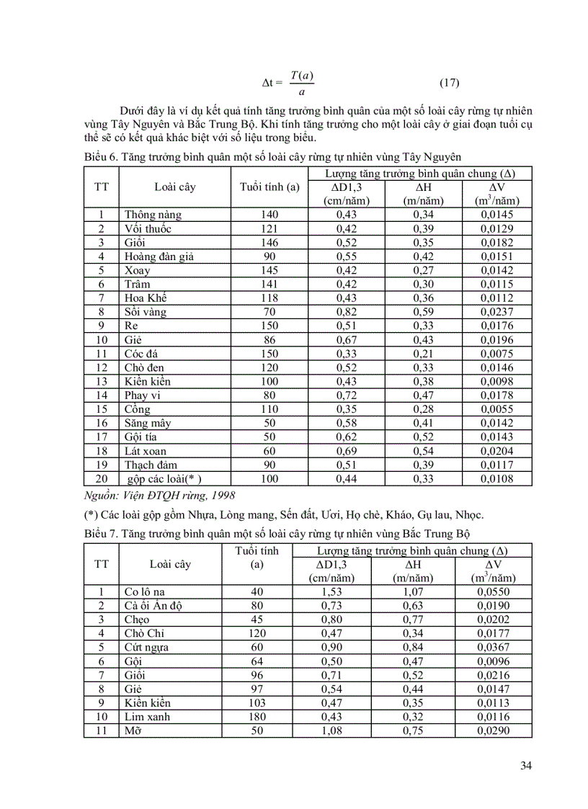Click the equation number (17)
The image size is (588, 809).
click(448, 82)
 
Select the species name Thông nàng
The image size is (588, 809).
click(153, 215)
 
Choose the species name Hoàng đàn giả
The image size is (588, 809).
click(159, 256)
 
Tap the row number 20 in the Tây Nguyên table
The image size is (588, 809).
click(102, 479)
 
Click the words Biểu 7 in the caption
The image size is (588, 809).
click(101, 535)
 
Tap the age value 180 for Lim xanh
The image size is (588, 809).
click(257, 717)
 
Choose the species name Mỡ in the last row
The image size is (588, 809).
click(133, 731)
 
